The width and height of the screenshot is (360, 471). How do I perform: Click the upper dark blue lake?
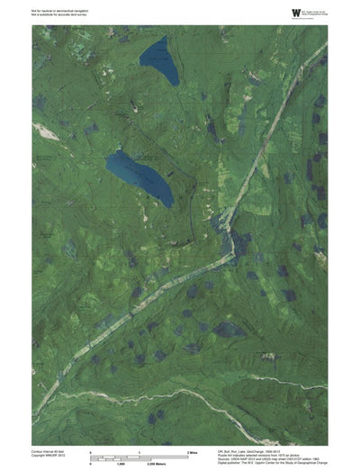159,60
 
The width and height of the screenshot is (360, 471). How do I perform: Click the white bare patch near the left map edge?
40,127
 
